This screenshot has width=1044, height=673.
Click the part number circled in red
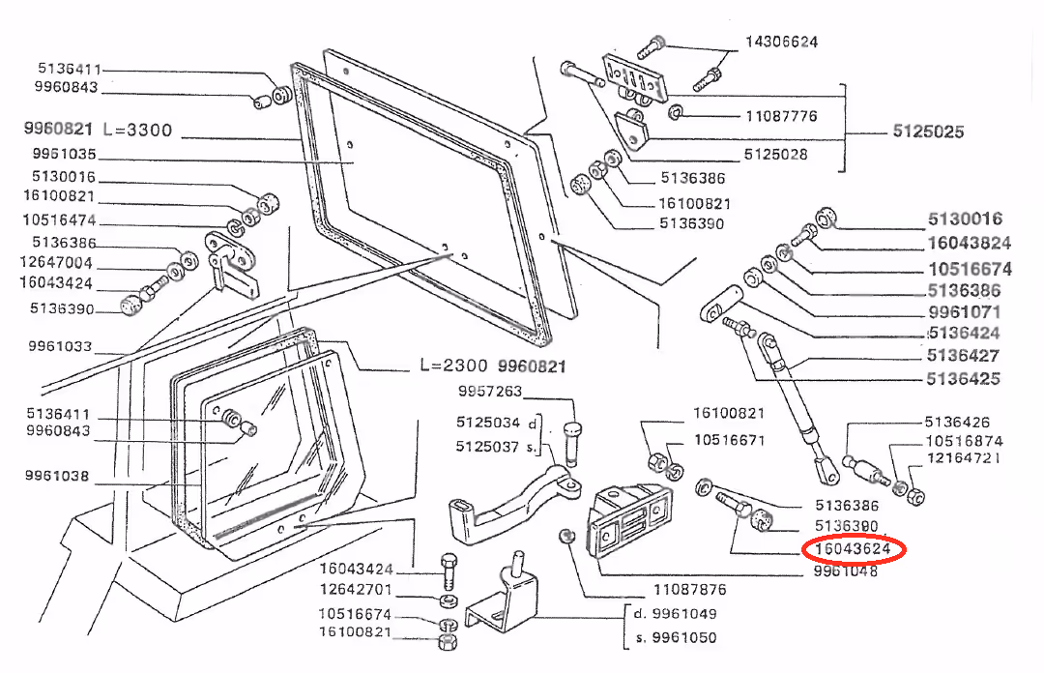pyautogui.click(x=853, y=549)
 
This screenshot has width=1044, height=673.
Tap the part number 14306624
pyautogui.click(x=782, y=42)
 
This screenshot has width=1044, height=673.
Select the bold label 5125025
pyautogui.click(x=928, y=132)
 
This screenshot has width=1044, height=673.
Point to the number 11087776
pyautogui.click(x=781, y=116)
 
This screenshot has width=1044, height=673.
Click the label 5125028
pyautogui.click(x=775, y=155)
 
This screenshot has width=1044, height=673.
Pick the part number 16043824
pyautogui.click(x=970, y=244)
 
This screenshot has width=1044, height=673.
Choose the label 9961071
pyautogui.click(x=965, y=312)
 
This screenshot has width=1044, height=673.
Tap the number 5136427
pyautogui.click(x=964, y=356)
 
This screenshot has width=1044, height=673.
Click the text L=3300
pyautogui.click(x=138, y=130)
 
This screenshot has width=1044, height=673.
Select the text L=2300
pyautogui.click(x=454, y=366)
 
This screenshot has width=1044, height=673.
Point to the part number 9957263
pyautogui.click(x=490, y=392)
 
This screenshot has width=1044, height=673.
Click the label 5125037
pyautogui.click(x=487, y=447)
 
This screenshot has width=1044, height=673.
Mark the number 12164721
pyautogui.click(x=964, y=458)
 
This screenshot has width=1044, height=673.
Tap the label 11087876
pyautogui.click(x=690, y=590)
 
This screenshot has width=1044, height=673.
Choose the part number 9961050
pyautogui.click(x=684, y=637)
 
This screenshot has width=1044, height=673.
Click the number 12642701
pyautogui.click(x=356, y=590)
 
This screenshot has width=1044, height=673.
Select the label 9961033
pyautogui.click(x=60, y=346)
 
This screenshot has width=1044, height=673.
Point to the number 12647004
pyautogui.click(x=56, y=263)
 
